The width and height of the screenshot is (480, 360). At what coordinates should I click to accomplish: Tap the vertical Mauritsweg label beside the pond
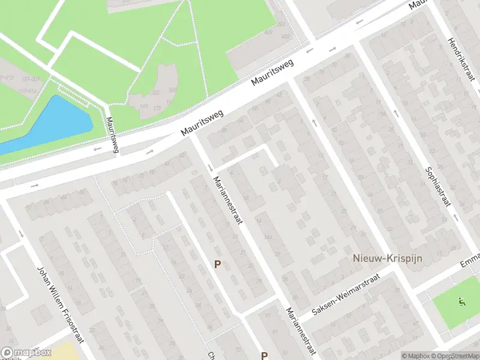click(111, 134)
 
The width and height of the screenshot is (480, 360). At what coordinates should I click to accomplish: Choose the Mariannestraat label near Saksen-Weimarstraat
click(301, 331)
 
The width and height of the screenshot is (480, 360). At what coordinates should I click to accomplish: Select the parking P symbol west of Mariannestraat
click(218, 264)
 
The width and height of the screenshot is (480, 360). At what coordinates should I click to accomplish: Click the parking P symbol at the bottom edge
click(264, 355)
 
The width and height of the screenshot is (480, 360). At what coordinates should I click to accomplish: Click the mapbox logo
click(26, 353)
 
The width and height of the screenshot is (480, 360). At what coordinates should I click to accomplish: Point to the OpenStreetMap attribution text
click(457, 356)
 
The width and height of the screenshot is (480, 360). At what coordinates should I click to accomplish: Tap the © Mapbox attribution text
click(415, 356)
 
